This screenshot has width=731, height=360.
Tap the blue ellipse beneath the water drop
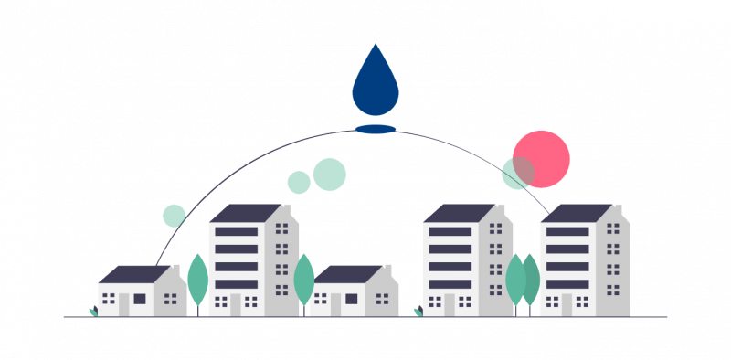376,129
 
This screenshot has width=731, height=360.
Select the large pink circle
541,158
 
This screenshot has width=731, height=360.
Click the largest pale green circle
330,174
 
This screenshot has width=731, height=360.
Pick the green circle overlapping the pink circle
516,172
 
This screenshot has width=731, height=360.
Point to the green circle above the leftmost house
175,216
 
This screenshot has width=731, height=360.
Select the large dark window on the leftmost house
140,298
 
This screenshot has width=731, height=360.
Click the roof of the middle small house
347,274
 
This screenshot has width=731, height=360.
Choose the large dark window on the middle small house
352,299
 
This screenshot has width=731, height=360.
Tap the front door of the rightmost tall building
567,305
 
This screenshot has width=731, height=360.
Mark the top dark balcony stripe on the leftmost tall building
236,231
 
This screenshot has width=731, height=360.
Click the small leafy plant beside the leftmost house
92,312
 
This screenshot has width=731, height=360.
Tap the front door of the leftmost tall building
235,305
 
